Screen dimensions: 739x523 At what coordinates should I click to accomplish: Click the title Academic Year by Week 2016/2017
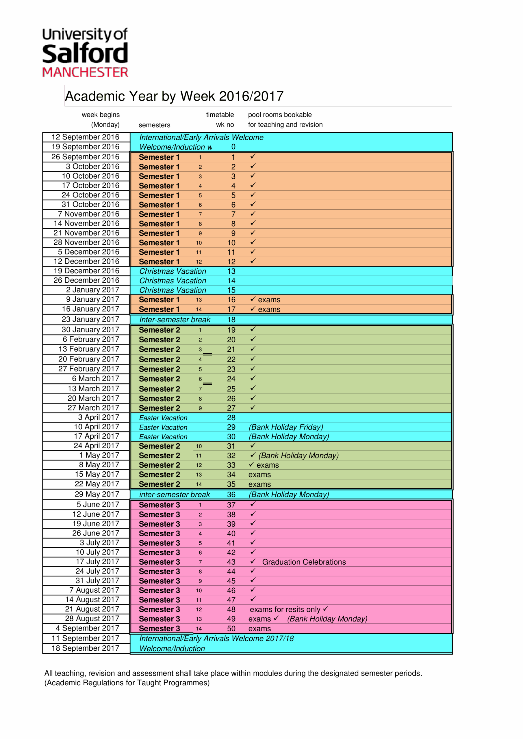tap(174, 96)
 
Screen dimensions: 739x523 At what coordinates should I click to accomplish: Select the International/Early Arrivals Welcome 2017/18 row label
tap(216, 638)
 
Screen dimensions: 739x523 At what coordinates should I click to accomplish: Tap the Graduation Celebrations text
tap(304, 562)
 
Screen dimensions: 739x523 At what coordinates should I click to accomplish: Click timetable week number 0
tap(233, 147)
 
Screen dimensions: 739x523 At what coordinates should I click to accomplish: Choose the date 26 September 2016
tap(86, 157)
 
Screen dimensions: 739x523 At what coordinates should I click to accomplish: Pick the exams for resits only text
tap(285, 609)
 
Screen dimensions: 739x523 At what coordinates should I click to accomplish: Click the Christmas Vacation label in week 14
tap(173, 281)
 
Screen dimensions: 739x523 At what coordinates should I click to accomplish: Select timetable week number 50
tap(231, 629)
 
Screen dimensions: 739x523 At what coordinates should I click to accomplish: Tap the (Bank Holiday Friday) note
tap(286, 427)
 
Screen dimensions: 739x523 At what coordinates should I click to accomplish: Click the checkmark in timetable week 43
tap(253, 561)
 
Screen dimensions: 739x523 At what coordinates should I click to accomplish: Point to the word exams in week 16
tap(269, 300)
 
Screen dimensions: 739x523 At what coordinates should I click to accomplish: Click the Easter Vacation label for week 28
tap(163, 418)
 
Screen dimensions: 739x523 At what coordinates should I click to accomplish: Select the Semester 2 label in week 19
tap(159, 330)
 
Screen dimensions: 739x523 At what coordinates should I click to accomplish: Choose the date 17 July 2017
tap(98, 562)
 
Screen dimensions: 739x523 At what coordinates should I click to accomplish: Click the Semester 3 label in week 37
tap(159, 505)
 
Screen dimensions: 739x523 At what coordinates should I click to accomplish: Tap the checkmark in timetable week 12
tap(253, 261)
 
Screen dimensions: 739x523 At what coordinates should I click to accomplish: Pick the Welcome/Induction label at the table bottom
tap(172, 649)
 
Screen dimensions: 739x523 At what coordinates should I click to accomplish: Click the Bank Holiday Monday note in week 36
tap(289, 494)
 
